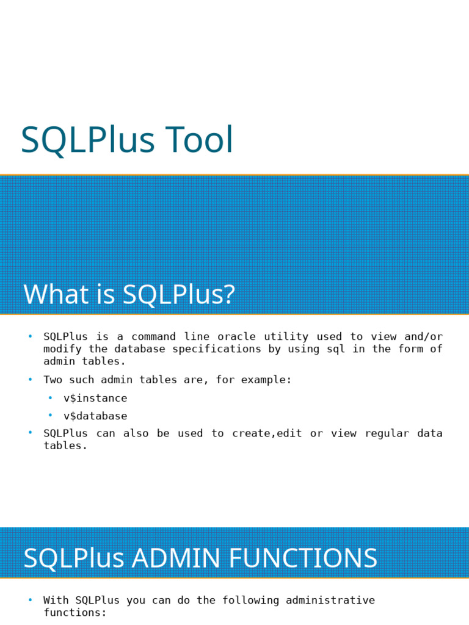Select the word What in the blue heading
pyautogui.click(x=48, y=294)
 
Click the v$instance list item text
pyautogui.click(x=95, y=398)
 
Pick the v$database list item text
pyautogui.click(x=95, y=416)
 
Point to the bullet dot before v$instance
pyautogui.click(x=51, y=398)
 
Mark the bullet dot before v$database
pyautogui.click(x=51, y=416)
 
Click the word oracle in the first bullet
pyautogui.click(x=237, y=336)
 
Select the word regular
pyautogui.click(x=387, y=433)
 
